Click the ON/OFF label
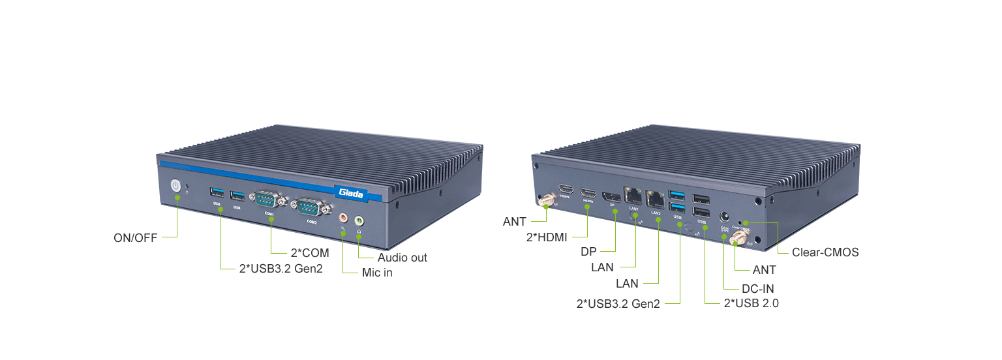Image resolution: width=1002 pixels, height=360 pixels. point(136,238)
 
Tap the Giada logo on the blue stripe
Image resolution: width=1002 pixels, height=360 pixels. point(351,192)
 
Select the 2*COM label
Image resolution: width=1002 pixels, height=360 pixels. point(309,252)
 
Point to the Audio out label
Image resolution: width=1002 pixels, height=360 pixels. point(402,258)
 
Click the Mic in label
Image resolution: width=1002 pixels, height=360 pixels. point(377,273)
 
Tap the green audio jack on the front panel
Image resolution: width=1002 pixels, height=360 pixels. point(359,221)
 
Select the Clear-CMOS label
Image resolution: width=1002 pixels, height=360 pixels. point(825,252)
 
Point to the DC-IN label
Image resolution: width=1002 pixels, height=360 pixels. point(758,288)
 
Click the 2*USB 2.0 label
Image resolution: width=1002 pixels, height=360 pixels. point(751,303)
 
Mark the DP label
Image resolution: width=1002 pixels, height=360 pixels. point(588,251)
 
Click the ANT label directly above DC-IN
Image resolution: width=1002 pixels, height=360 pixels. point(764,269)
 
